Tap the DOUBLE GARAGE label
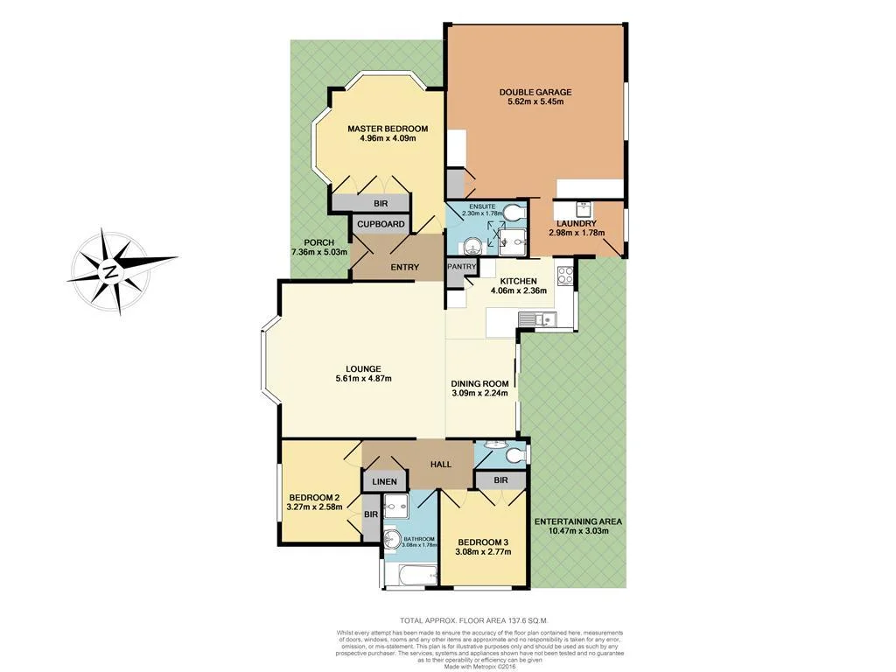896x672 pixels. coord(535,92)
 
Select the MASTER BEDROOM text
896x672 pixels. coord(381,129)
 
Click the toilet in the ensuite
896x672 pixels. coord(515,212)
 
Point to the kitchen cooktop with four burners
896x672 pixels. coord(564,273)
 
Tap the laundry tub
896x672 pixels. coord(584,210)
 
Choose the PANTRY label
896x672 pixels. coord(461,266)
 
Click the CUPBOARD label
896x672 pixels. coord(381,224)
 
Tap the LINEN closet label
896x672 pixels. coord(384,481)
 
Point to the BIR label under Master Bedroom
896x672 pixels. coord(381,202)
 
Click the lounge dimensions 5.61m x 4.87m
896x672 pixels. coord(362,379)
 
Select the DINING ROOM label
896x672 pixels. coord(479,383)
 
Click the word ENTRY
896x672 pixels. coord(404,267)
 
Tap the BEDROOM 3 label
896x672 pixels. coord(482,542)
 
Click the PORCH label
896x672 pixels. coord(318,242)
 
